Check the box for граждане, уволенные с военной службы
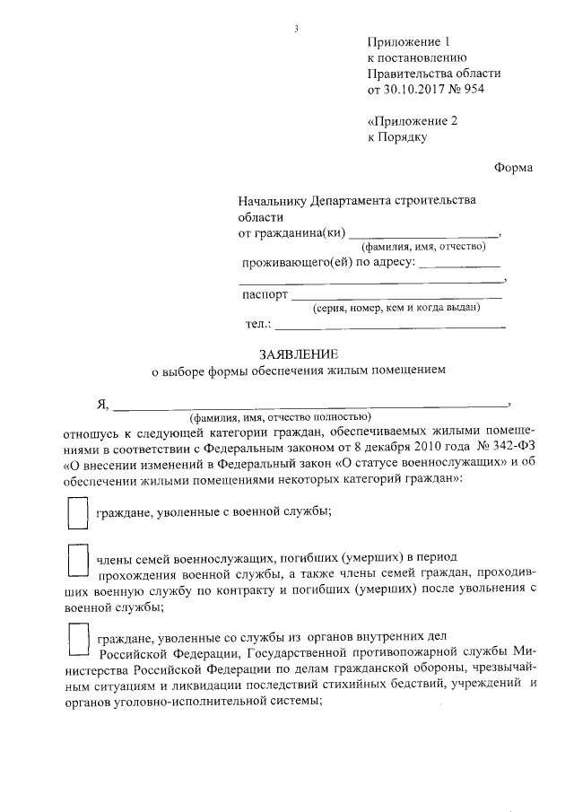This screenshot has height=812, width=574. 78,514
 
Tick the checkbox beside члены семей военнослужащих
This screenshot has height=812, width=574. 78,563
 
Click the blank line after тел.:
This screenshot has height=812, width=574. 390,327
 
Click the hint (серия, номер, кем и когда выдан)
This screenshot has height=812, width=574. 396,309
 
